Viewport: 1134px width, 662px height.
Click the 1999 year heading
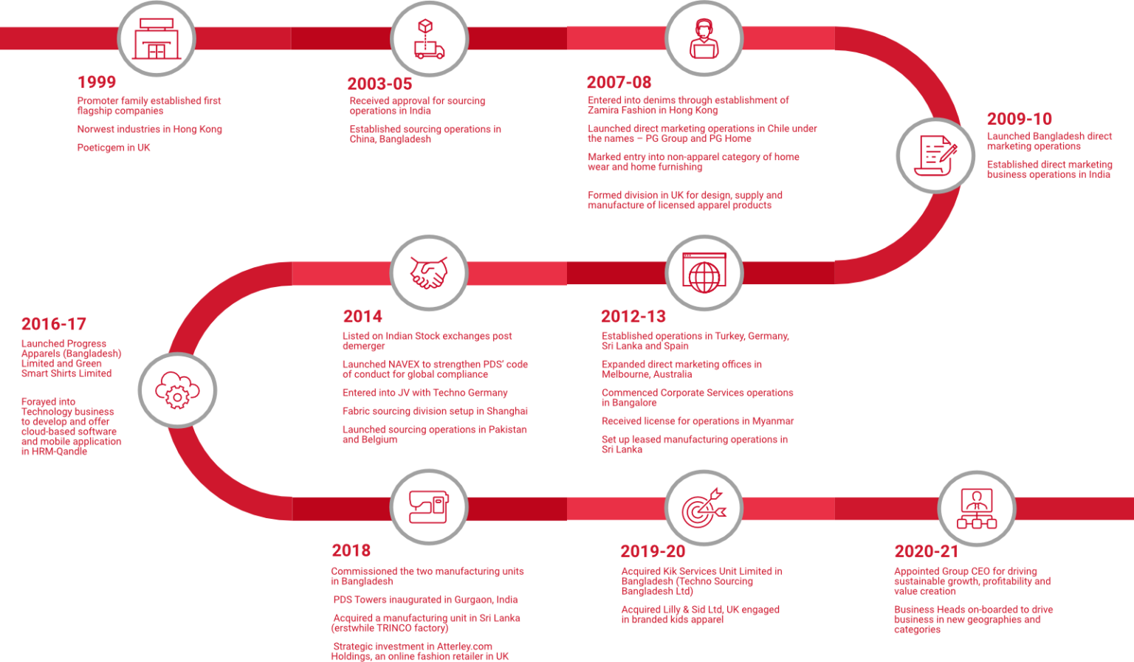96,82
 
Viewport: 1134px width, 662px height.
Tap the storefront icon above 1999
157,39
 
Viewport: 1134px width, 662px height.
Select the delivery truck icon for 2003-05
429,39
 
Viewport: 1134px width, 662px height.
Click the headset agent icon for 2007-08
704,38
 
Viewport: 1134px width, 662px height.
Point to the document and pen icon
935,156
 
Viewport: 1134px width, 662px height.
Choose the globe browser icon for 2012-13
704,273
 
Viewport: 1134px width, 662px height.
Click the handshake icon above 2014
429,273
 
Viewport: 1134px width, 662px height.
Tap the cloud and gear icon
177,390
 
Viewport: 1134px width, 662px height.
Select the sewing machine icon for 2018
429,507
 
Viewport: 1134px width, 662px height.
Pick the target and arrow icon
704,508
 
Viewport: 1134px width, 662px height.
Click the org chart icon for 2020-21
977,508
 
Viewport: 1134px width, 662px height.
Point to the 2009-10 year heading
1019,119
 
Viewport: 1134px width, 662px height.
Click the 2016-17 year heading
54,324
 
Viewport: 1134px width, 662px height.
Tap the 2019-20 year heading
653,551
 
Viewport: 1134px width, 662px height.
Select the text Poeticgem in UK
114,148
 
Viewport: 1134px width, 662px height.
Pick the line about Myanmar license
698,421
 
